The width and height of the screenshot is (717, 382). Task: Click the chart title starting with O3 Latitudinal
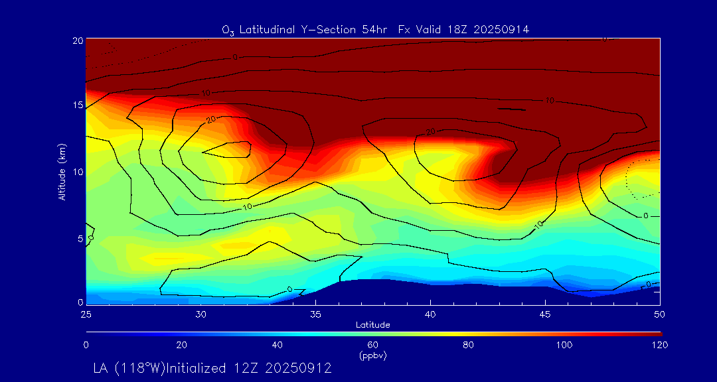[x=375, y=29]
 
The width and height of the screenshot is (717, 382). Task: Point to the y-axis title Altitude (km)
[x=62, y=172]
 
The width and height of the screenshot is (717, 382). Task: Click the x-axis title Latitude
[x=372, y=324]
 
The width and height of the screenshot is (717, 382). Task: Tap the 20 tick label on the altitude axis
[x=77, y=40]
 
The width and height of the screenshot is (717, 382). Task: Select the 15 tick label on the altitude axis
[x=77, y=105]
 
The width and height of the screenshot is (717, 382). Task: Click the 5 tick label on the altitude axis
[x=80, y=237]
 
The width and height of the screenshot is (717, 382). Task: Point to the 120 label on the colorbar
[x=660, y=345]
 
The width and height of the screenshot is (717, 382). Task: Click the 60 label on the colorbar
[x=373, y=345]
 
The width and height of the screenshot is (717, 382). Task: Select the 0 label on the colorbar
[x=86, y=345]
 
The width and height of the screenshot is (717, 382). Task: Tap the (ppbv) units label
[x=373, y=355]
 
